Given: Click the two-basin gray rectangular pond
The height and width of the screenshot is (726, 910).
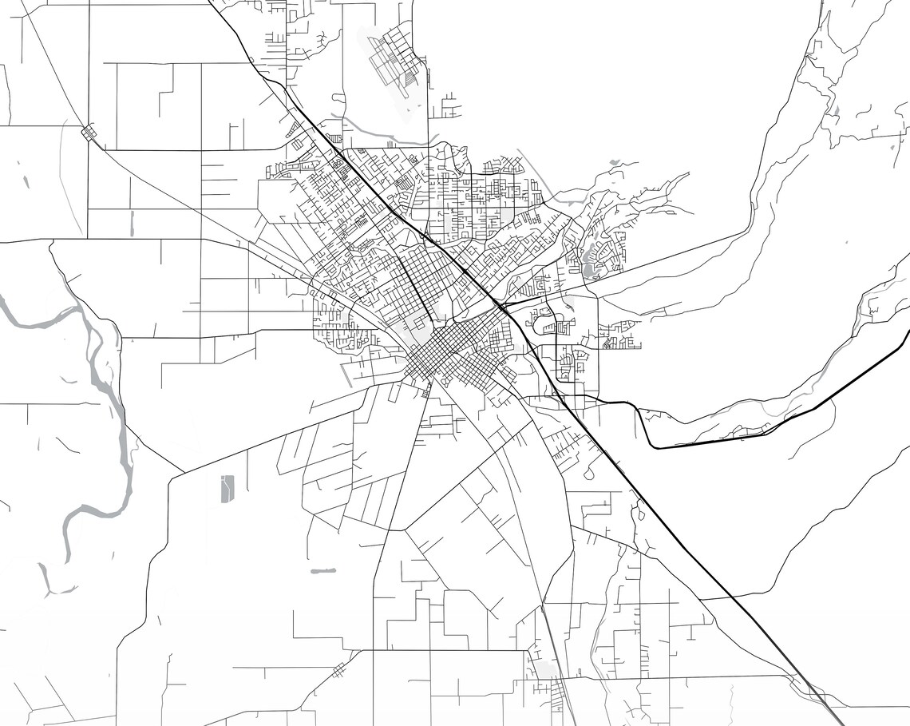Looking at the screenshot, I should tap(227, 488).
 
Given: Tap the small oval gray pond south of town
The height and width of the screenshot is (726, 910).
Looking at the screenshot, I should tap(322, 571).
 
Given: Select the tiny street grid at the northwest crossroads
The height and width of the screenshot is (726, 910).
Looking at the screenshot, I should tap(89, 132).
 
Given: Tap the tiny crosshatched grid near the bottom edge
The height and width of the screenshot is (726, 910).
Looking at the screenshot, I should tap(339, 668).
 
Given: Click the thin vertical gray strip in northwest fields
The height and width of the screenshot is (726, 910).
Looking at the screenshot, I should tap(132, 223).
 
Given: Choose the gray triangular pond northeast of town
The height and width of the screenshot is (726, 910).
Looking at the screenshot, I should tap(613, 163).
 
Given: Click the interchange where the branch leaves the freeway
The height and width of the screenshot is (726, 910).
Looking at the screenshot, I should tap(501, 306).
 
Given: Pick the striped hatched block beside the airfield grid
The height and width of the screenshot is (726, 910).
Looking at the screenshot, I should tap(408, 80).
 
